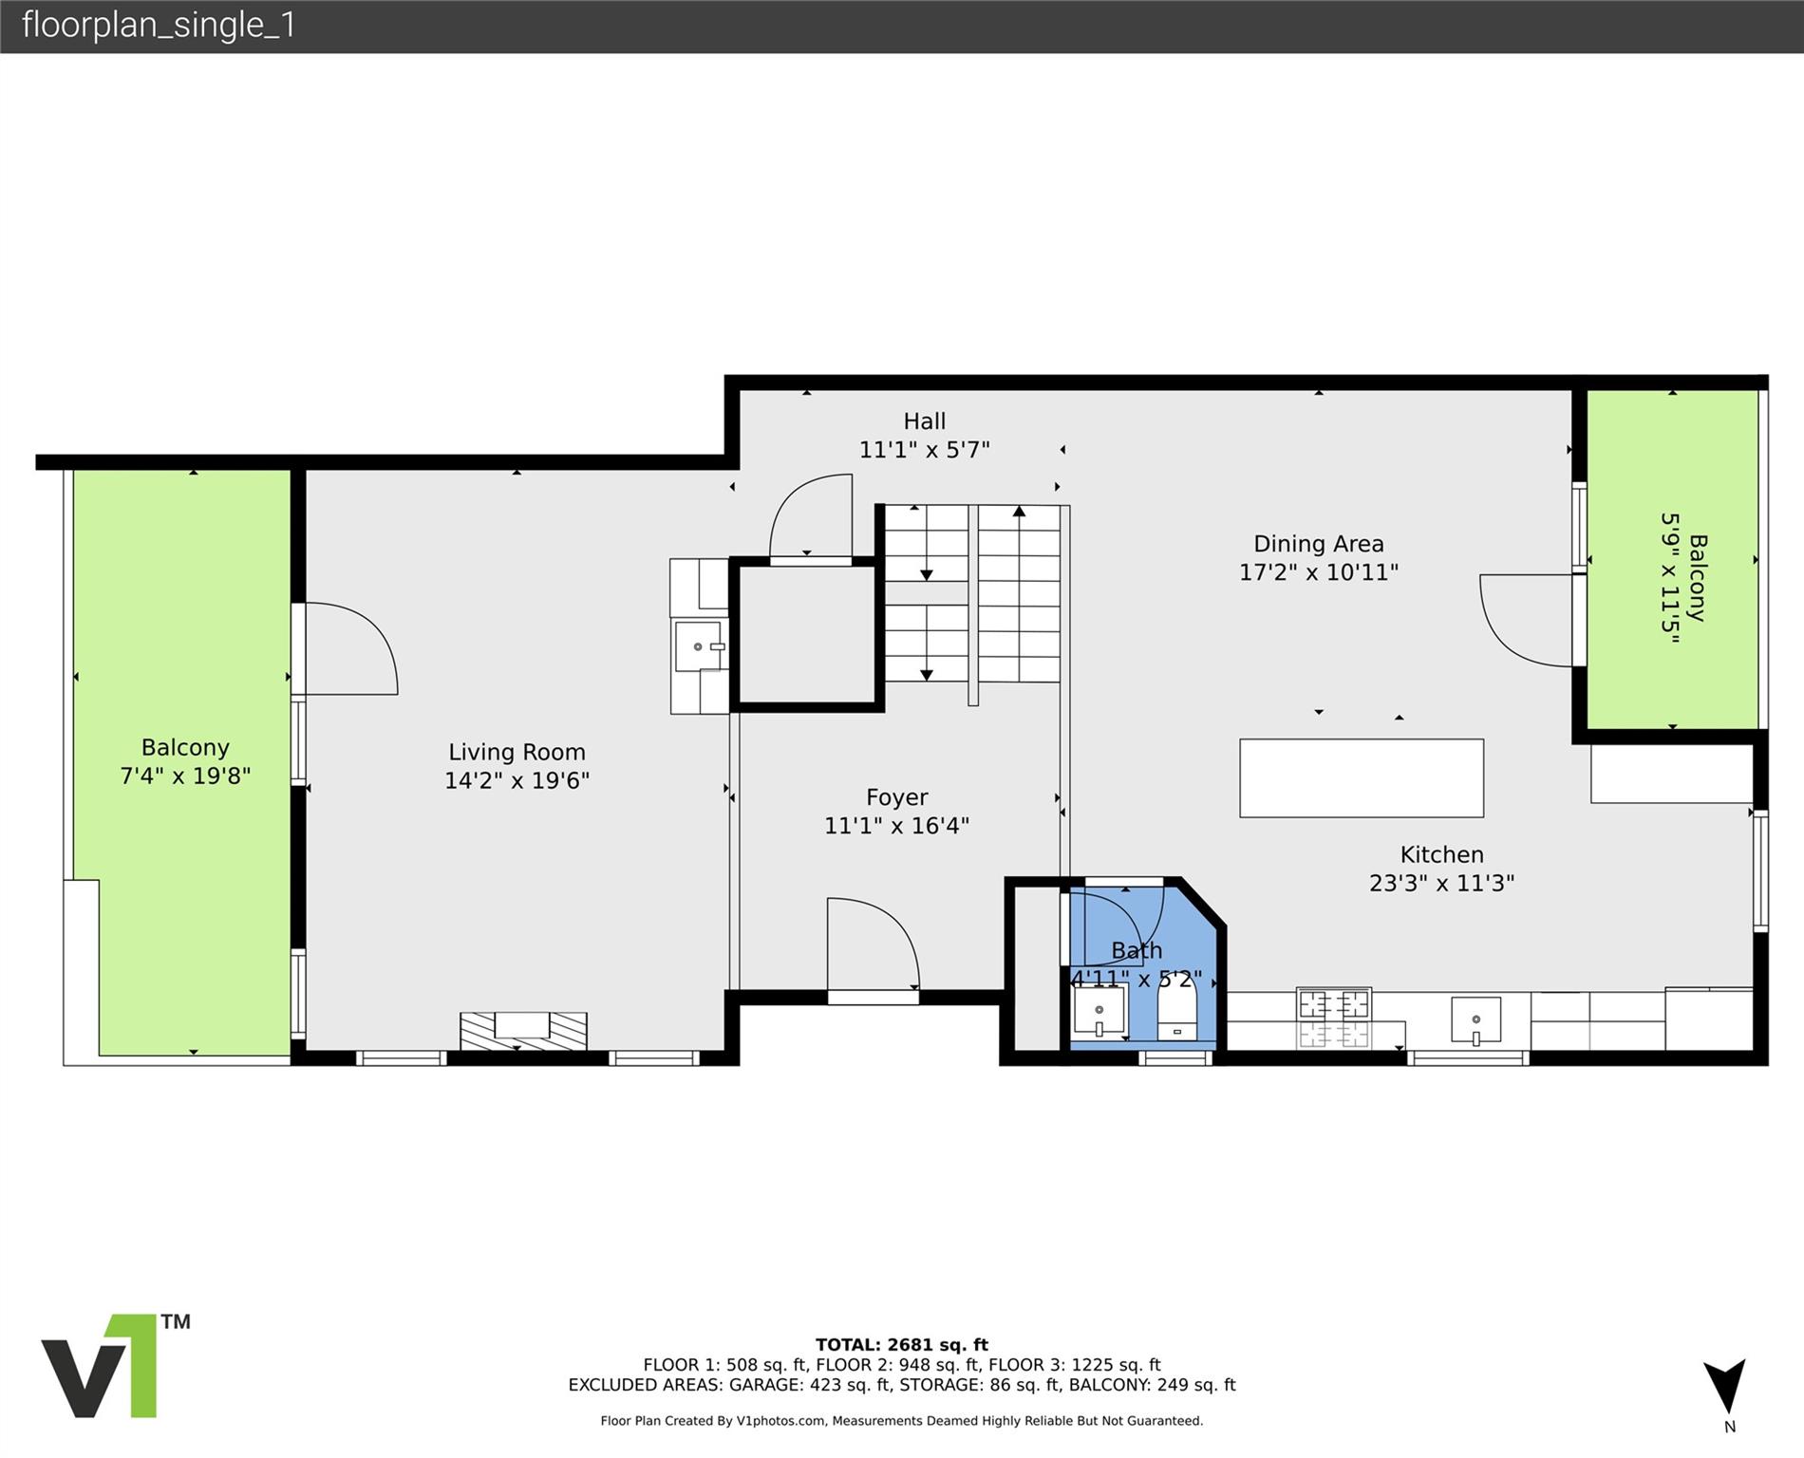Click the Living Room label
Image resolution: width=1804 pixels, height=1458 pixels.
coord(517,752)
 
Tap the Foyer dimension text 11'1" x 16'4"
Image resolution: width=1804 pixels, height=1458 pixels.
coord(896,826)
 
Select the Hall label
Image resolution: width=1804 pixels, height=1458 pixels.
coord(924,421)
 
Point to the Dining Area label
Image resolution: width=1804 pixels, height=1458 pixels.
coord(1319,544)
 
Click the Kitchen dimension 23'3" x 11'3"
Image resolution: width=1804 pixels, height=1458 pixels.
coord(1441,883)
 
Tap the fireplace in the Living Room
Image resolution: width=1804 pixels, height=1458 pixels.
coord(523,1031)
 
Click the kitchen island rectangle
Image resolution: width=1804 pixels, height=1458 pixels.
coord(1362,777)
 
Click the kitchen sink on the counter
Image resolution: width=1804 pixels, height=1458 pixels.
coord(1476,1020)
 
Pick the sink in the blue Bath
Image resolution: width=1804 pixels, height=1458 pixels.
coord(1099,1011)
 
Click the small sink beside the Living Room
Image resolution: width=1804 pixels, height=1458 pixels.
coord(700,645)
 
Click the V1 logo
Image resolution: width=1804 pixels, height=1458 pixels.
coord(115,1366)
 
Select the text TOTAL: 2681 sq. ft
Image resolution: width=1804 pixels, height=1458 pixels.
coord(902,1344)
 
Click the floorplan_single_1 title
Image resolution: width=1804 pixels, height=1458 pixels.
coord(159,25)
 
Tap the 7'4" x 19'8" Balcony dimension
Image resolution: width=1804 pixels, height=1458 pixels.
coord(185,776)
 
